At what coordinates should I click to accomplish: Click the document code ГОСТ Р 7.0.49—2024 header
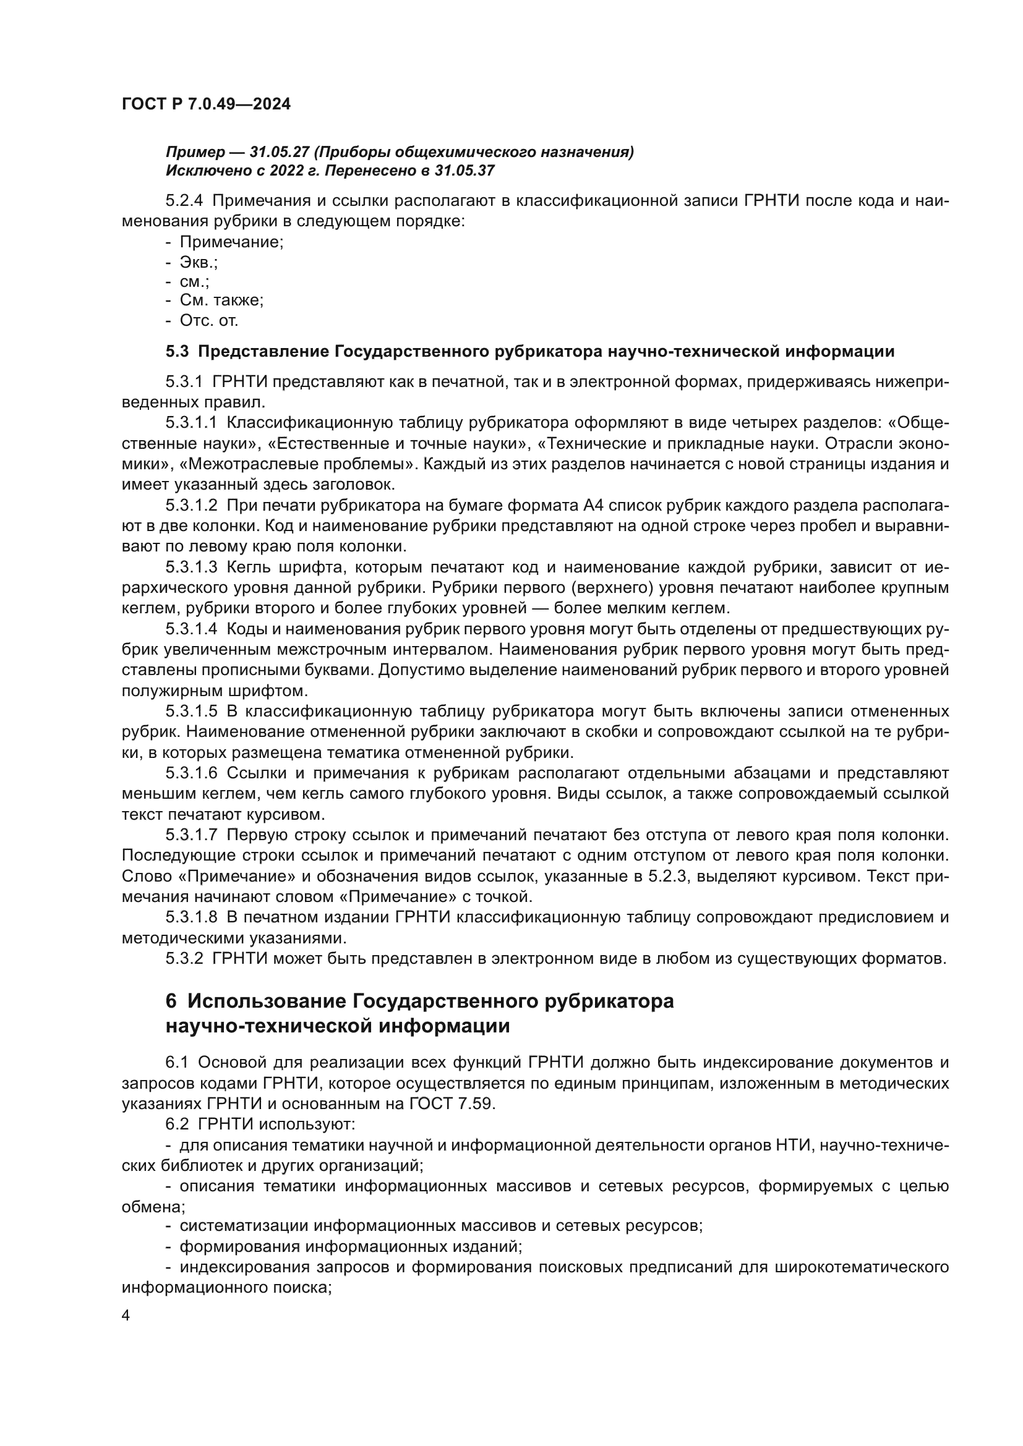(206, 104)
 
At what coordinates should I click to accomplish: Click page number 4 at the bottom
(126, 1316)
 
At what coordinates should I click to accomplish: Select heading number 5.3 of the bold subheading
(177, 351)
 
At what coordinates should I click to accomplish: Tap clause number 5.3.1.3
(192, 568)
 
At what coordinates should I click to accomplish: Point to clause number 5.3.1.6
(192, 773)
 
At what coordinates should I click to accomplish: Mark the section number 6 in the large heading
(171, 1002)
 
